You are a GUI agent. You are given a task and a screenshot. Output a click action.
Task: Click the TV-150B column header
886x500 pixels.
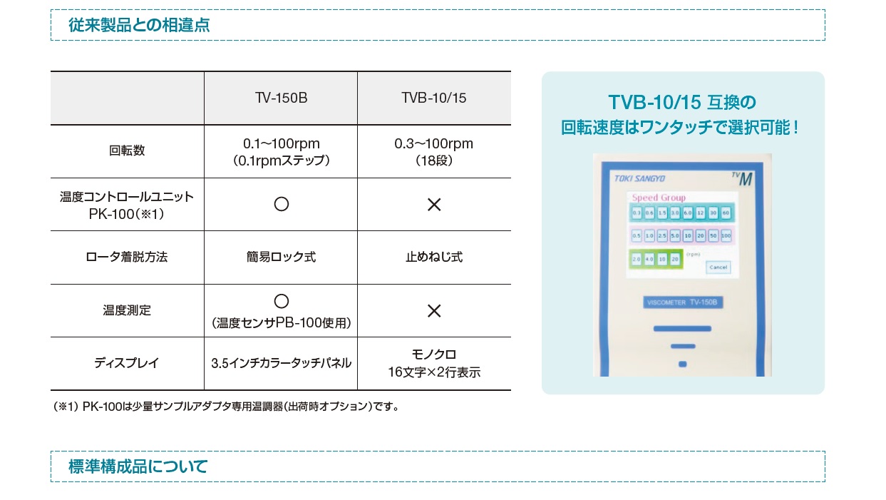coord(281,98)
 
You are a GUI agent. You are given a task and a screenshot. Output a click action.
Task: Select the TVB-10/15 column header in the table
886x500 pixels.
coord(433,98)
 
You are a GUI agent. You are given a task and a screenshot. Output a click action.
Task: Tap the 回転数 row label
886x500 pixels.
coord(127,151)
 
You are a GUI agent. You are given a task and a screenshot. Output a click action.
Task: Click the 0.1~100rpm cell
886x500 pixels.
coord(281,151)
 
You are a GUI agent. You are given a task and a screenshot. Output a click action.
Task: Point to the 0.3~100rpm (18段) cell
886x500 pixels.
coord(433,151)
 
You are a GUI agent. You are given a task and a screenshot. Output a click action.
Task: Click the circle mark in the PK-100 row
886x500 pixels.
coord(281,205)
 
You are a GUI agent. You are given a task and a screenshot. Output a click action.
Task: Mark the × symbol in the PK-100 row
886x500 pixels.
coord(433,205)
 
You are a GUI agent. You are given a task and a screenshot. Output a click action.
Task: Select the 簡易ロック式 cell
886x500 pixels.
coord(281,257)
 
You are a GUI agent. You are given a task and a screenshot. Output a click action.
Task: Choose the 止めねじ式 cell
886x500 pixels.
coord(433,257)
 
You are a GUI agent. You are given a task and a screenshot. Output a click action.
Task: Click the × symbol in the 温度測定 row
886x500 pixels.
coord(433,310)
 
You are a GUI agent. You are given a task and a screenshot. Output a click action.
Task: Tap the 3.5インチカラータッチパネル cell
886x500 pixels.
coord(281,363)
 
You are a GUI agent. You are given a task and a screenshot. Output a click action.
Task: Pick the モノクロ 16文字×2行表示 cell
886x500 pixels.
coord(433,363)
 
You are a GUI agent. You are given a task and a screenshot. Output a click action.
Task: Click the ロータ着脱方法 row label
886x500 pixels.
coord(127,257)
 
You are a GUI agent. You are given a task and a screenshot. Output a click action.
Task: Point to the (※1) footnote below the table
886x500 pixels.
coord(226,407)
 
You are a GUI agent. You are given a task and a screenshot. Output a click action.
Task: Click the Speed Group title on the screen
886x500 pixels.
coord(659,198)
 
